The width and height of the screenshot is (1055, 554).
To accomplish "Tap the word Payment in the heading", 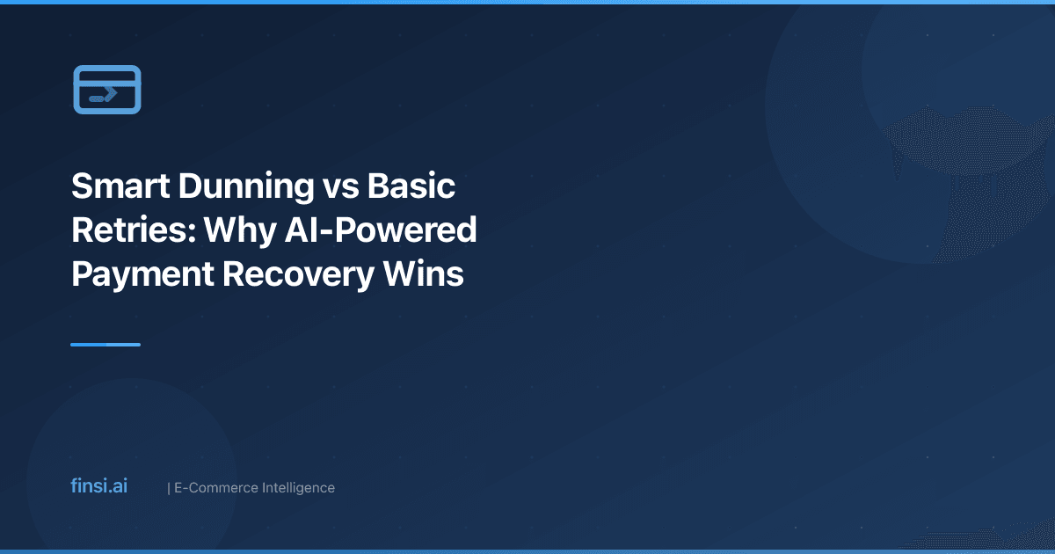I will click(140, 273).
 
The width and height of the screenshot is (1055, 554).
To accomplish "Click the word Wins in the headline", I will click(432, 273).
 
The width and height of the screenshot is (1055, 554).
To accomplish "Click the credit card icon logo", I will click(106, 90).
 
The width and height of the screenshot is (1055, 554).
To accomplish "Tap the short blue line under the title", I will click(105, 345).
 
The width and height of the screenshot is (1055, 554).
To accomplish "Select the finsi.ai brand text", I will click(98, 486).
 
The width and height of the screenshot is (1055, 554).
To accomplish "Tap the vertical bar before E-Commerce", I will click(168, 487).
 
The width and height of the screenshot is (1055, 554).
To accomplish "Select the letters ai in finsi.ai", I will click(119, 486).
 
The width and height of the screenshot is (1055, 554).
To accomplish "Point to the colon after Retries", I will click(195, 232).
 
